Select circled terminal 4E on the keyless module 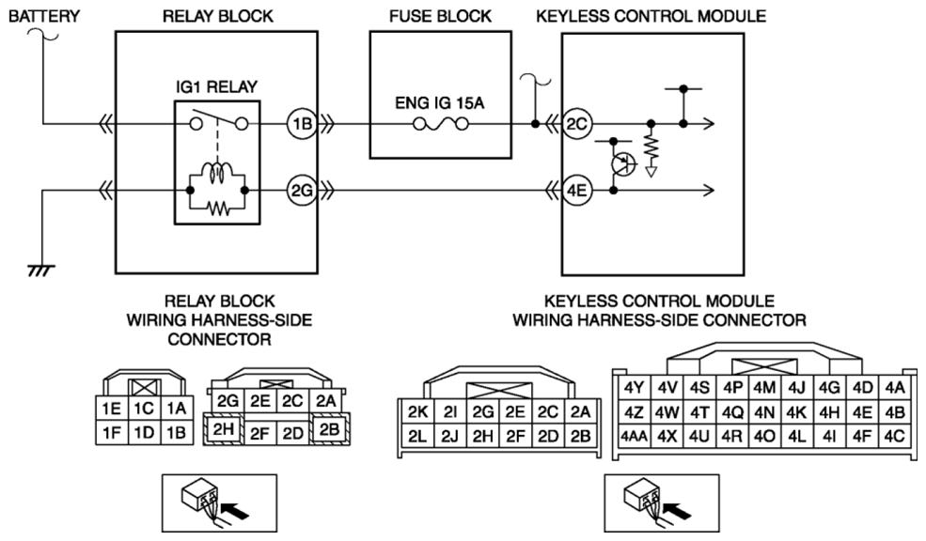pyautogui.click(x=577, y=191)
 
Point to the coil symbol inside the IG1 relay pyautogui.click(x=219, y=172)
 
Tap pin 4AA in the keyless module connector pyautogui.click(x=632, y=436)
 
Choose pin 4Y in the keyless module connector pyautogui.click(x=633, y=387)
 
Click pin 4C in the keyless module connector pyautogui.click(x=894, y=436)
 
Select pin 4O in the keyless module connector pyautogui.click(x=763, y=436)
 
